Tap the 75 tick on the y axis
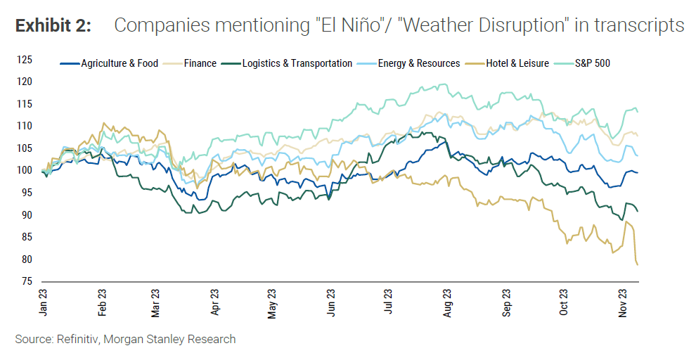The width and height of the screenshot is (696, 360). coord(25,281)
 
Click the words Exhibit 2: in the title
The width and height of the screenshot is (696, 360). coord(53,26)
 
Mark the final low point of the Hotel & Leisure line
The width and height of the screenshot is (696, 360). coord(637,264)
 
